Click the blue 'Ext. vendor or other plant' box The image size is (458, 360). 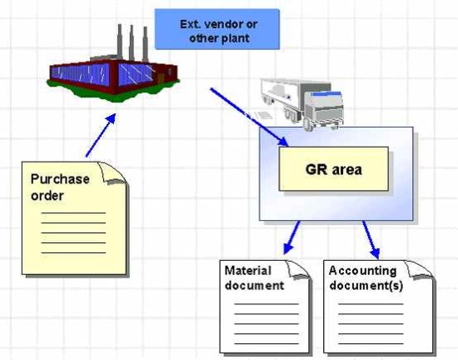217,29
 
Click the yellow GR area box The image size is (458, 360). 334,169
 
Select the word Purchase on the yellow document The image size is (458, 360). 60,179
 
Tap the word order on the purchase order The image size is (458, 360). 47,196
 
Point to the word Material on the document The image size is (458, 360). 248,271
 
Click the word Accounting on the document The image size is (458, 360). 362,272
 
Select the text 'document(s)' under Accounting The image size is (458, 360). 366,286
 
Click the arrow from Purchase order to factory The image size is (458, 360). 101,135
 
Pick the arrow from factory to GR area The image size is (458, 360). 249,117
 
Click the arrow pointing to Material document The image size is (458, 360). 291,237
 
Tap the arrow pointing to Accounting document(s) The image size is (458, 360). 371,240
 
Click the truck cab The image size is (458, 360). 324,109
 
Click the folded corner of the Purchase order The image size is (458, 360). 112,173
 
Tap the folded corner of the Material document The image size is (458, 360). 298,269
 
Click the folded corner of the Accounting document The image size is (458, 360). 420,269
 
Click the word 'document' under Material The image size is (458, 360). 254,286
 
